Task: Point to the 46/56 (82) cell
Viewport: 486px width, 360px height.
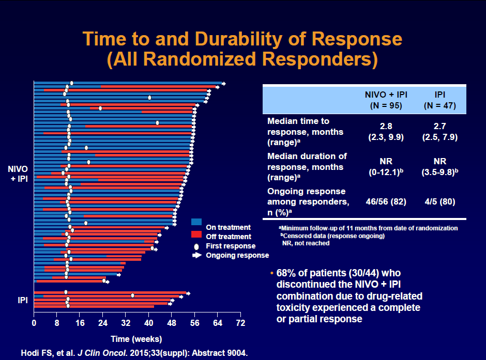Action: [385, 201]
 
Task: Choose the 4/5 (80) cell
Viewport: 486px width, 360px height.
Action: [439, 201]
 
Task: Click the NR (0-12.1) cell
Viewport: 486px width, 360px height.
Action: [385, 167]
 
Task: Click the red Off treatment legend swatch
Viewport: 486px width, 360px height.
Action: [196, 236]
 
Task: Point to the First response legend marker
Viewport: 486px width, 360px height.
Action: [196, 246]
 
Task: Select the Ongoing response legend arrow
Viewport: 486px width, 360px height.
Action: [196, 255]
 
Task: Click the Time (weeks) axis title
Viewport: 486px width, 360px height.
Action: [136, 339]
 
